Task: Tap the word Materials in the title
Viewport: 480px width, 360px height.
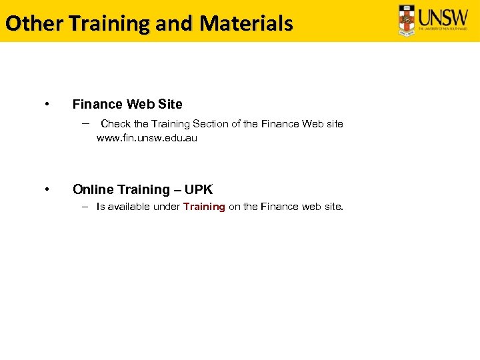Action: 246,24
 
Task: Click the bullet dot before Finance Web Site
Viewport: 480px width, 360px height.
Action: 46,104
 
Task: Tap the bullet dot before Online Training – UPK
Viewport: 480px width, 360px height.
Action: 46,189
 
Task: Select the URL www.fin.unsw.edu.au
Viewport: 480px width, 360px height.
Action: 147,139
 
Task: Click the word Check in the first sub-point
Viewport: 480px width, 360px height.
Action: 115,124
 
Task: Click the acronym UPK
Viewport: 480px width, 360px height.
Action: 199,189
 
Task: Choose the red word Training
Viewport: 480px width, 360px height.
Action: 204,207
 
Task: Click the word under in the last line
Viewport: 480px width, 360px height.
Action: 167,207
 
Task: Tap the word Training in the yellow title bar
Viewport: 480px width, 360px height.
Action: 109,24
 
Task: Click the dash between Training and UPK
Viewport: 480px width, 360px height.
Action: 177,189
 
